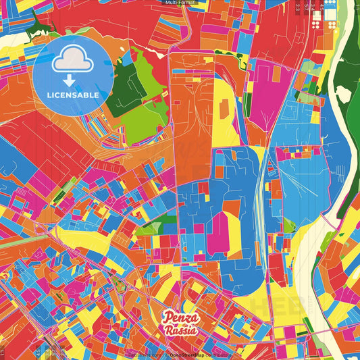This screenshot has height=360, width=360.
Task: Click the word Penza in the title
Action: (180, 318)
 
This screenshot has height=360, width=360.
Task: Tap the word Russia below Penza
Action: (180, 330)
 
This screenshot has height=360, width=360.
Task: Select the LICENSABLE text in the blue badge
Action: (73, 95)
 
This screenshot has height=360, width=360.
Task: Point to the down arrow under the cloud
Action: (73, 78)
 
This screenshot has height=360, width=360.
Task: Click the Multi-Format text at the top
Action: (180, 3)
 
